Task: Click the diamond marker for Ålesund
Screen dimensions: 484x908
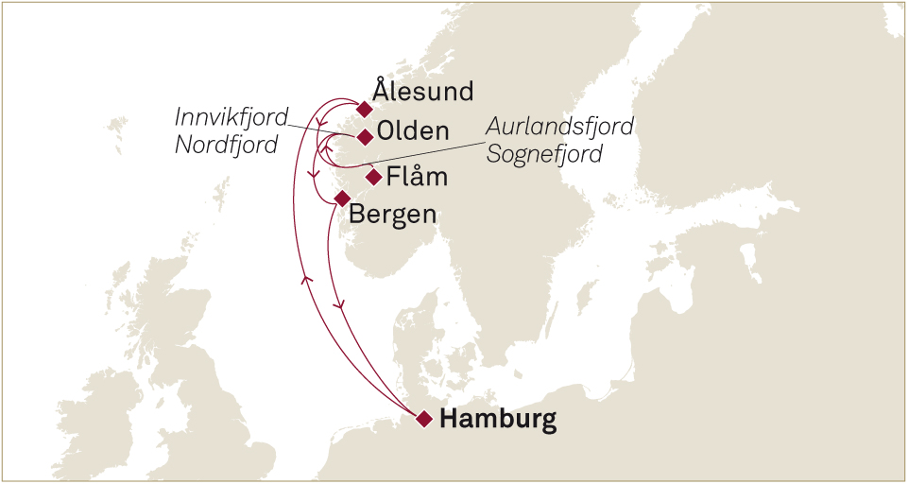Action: click(x=364, y=108)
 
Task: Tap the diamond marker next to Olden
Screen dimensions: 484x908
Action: click(x=365, y=137)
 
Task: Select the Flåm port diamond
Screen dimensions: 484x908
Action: click(x=374, y=176)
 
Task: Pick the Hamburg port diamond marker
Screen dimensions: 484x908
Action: click(x=424, y=418)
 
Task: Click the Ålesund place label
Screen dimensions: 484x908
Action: click(x=422, y=92)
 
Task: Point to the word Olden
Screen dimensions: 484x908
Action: click(x=412, y=131)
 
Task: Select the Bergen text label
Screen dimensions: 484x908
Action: click(x=393, y=214)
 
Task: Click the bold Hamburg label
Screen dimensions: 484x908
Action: click(x=499, y=419)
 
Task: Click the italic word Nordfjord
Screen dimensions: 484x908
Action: click(x=227, y=146)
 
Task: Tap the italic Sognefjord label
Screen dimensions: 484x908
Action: click(x=544, y=154)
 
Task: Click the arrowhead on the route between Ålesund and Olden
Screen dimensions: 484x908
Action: click(x=322, y=126)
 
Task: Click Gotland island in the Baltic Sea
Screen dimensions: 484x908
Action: click(x=751, y=260)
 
